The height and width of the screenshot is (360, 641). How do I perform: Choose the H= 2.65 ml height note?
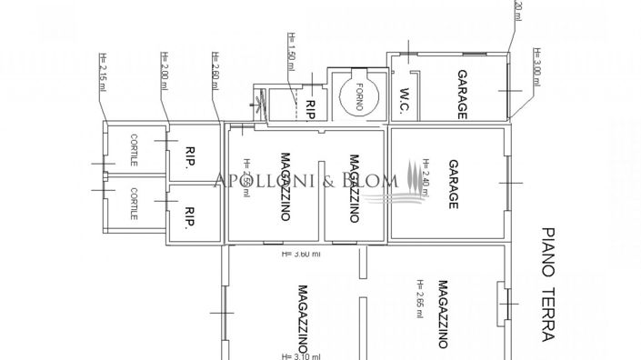419,298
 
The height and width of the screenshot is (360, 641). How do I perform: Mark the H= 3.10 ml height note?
300,355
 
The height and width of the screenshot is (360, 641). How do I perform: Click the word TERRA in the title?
546,310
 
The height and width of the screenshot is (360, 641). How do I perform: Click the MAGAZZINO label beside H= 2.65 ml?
440,313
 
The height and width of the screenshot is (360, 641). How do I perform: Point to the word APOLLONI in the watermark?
259,179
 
